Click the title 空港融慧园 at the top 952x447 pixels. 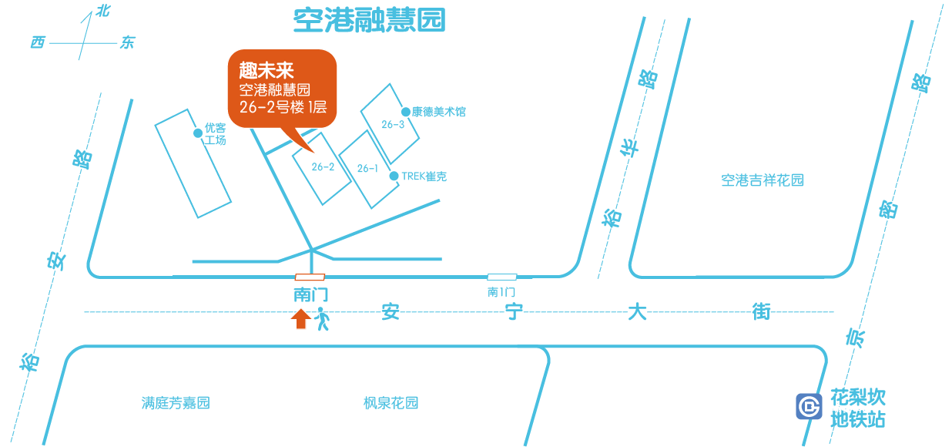coord(369,21)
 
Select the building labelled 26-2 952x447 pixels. coord(322,167)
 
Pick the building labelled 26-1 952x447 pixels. coord(367,169)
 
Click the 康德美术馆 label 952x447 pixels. coord(438,112)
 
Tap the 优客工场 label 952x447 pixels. coord(215,135)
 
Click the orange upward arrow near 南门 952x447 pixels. coord(301,318)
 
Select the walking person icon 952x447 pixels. coord(322,319)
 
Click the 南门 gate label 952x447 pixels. coord(310,294)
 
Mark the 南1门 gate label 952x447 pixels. coord(501,292)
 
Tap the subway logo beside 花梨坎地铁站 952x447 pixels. coord(809,406)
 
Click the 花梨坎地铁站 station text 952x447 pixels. coord(858,408)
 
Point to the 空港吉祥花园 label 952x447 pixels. coord(762,180)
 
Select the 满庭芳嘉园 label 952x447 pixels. coord(176,403)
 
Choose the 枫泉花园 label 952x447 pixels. coord(391,403)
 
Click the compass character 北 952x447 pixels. coord(101,11)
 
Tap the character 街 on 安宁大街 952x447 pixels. coord(761,313)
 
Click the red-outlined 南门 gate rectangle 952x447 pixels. coord(310,277)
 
